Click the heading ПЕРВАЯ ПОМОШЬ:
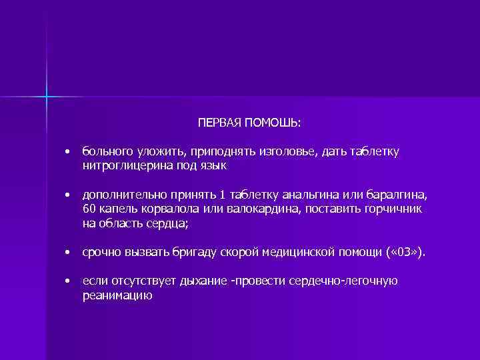click(x=249, y=123)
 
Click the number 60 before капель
click(x=89, y=209)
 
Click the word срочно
click(x=100, y=253)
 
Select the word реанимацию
click(x=117, y=295)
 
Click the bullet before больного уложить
click(x=67, y=153)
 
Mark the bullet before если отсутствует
click(x=67, y=282)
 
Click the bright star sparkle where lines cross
click(x=47, y=97)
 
